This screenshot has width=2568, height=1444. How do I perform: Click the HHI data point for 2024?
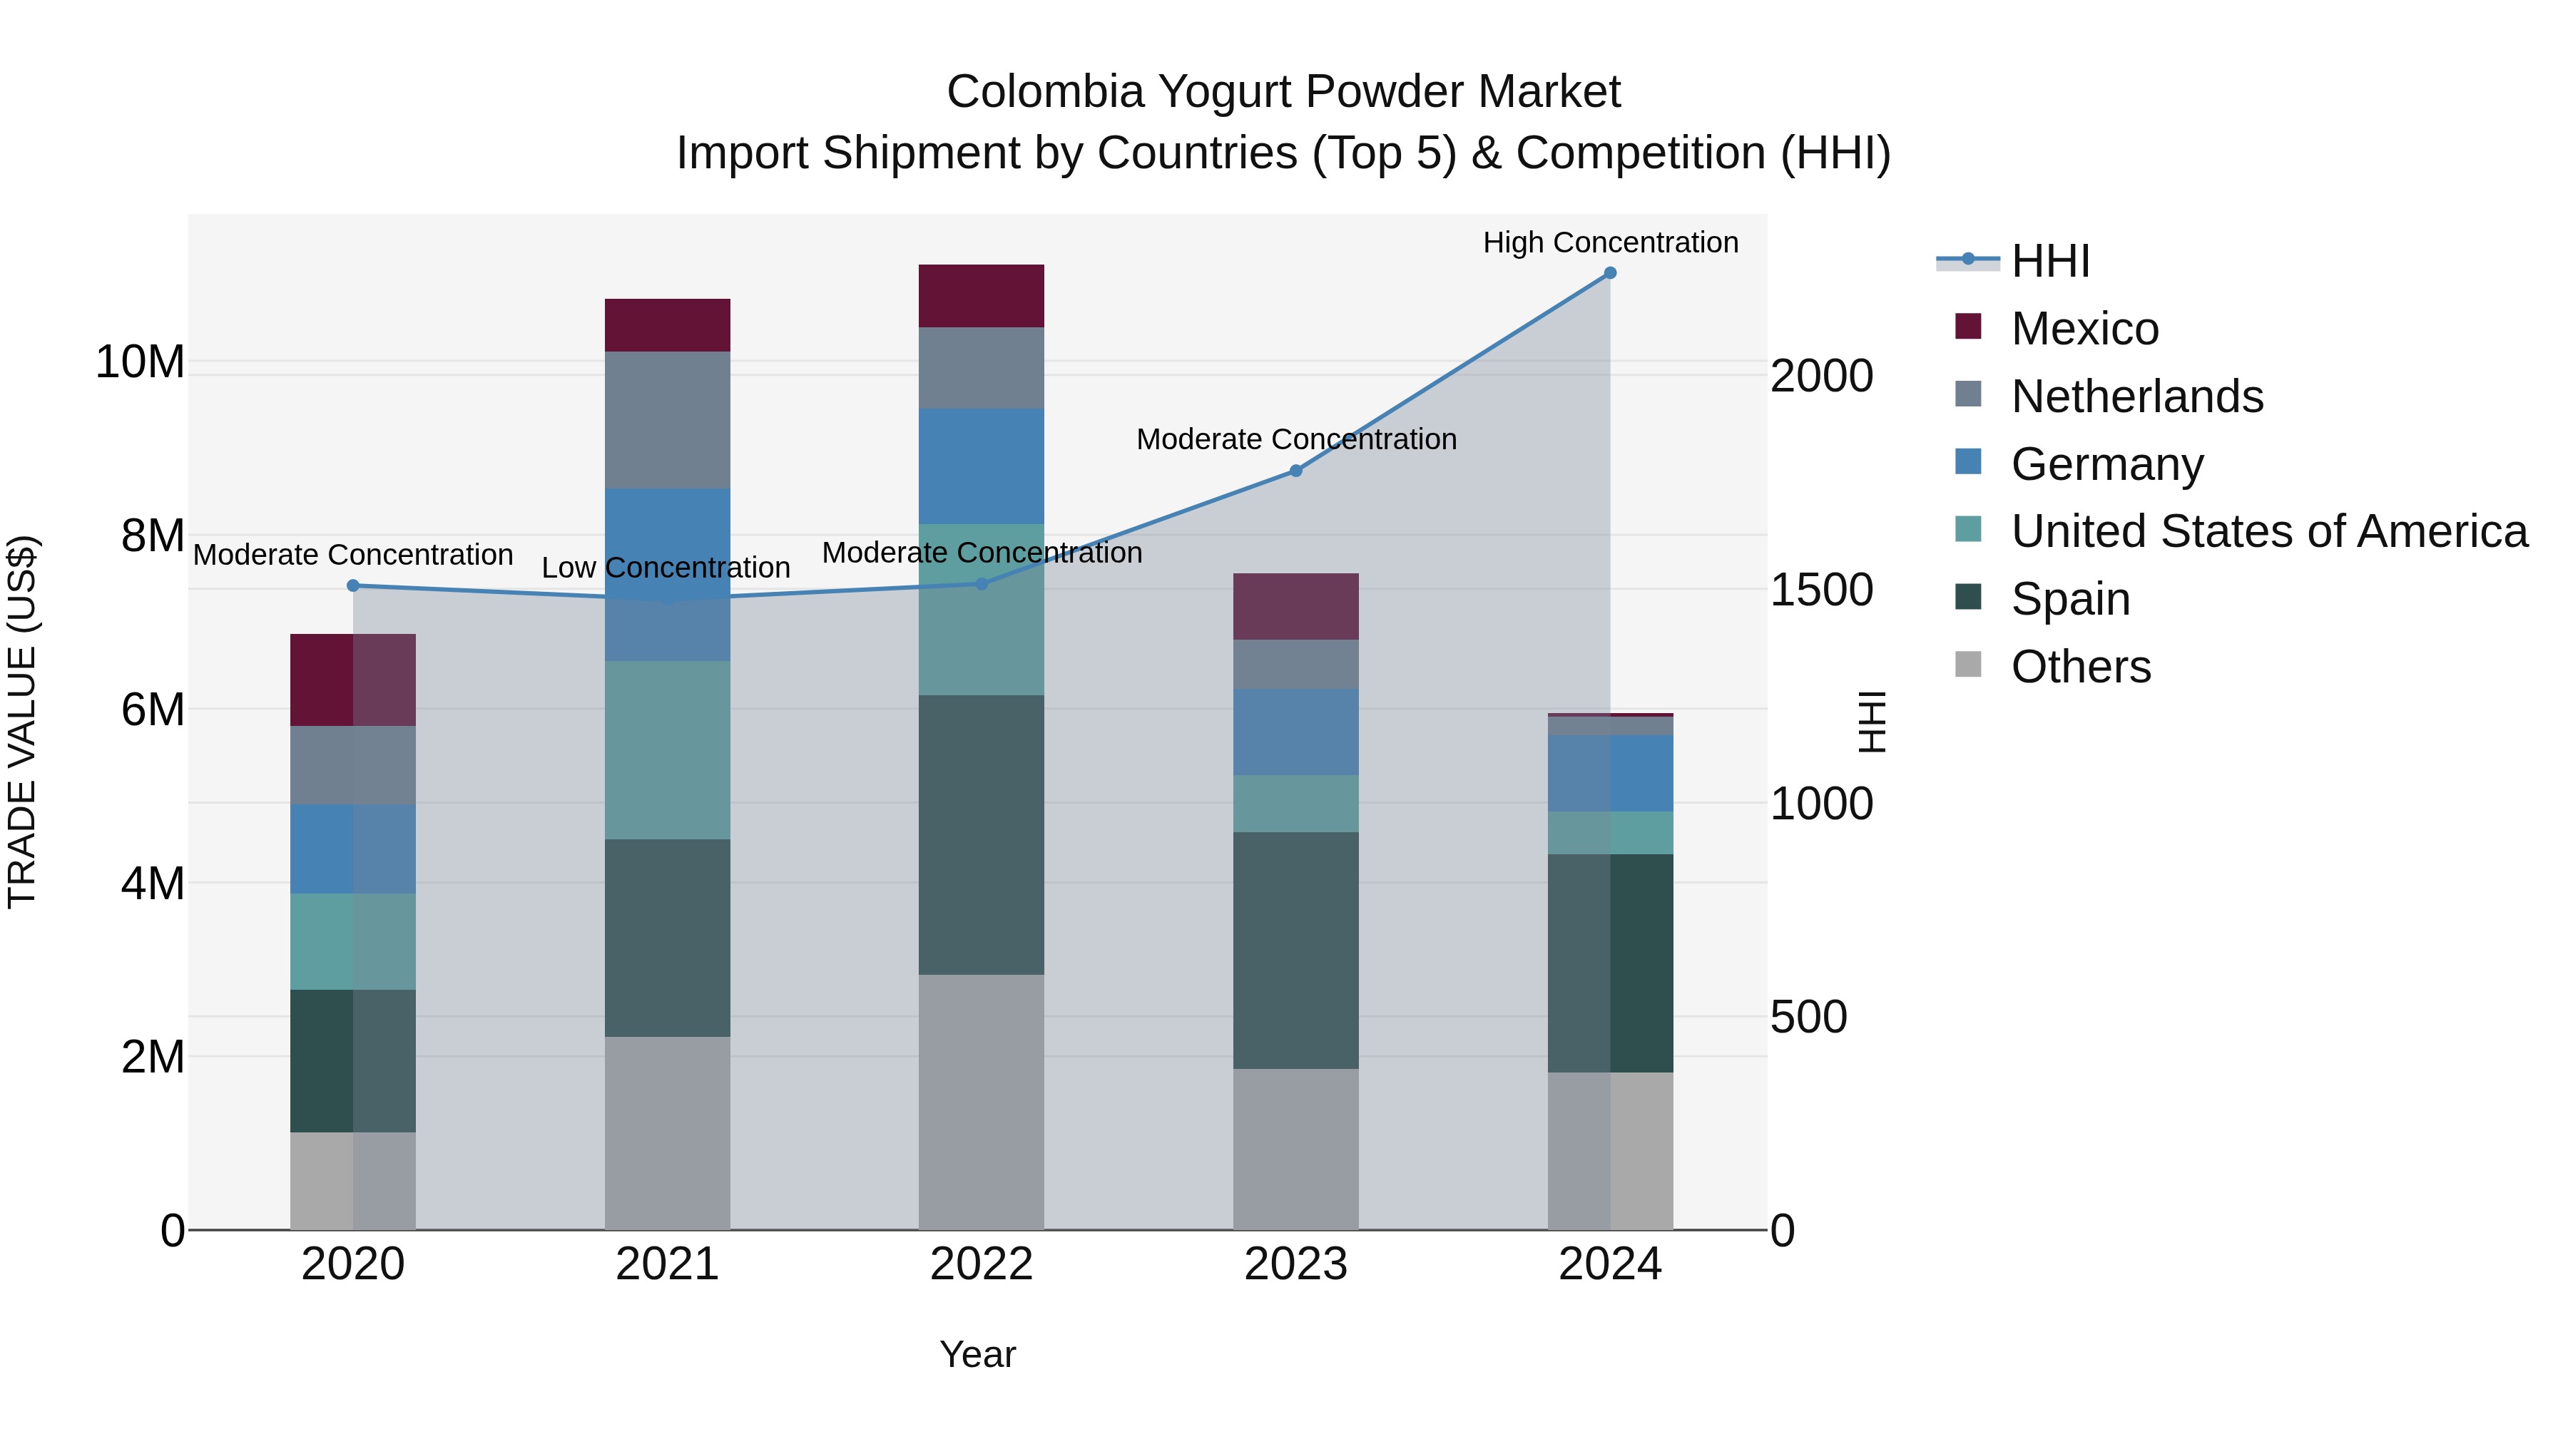point(1610,273)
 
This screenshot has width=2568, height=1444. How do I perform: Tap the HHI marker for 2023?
point(1296,471)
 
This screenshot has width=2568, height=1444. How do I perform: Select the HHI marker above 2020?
point(353,586)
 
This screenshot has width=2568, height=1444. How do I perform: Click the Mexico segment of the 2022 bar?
point(981,296)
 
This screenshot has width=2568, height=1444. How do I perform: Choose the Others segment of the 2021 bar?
point(667,1133)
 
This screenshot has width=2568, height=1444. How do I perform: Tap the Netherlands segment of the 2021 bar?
point(667,419)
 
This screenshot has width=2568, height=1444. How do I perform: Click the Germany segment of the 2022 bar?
point(981,466)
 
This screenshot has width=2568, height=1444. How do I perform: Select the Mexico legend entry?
point(2084,329)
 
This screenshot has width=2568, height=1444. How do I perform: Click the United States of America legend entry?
point(2268,531)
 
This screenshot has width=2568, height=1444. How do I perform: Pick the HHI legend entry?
point(2049,261)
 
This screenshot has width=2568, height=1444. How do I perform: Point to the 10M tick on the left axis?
point(140,362)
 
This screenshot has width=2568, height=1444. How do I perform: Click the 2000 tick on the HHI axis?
point(1821,377)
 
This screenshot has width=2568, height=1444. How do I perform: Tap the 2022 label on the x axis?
point(981,1264)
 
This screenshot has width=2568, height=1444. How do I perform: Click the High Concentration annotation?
point(1610,242)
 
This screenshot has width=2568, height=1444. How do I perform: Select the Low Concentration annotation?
point(666,568)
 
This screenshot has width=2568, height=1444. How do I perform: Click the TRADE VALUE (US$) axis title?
point(23,722)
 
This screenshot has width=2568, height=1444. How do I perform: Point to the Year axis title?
point(977,1354)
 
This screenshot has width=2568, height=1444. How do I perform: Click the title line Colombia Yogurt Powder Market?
point(1283,92)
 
